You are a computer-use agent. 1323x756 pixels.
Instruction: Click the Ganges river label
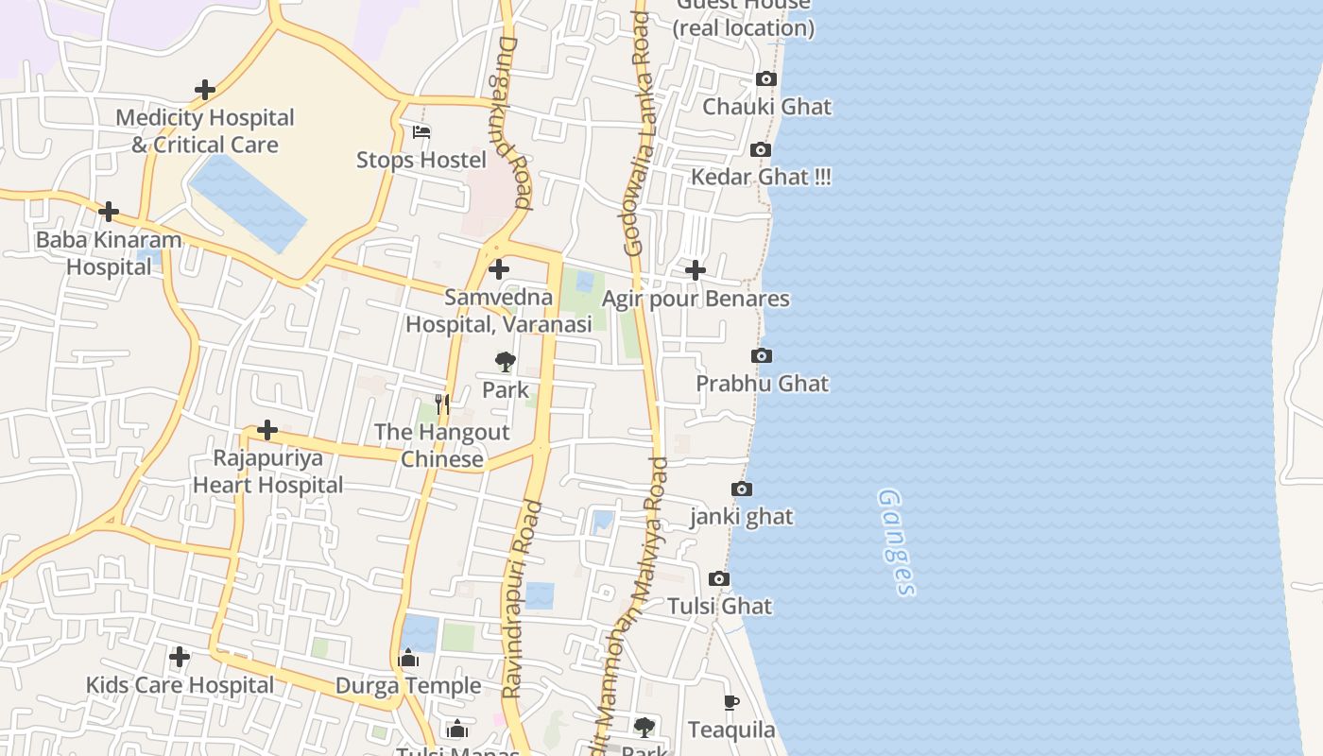pos(896,542)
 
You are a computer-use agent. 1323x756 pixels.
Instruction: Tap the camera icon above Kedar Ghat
pos(761,150)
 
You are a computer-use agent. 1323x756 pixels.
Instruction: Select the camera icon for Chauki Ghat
pos(766,79)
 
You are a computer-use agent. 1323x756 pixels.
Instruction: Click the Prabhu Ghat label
pos(762,384)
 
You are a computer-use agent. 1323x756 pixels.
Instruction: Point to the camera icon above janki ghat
pos(742,490)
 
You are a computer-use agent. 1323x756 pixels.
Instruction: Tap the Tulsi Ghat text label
pos(720,607)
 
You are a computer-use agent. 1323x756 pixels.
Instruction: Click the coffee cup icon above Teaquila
pos(730,702)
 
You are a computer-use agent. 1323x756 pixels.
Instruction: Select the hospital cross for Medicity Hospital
pos(204,91)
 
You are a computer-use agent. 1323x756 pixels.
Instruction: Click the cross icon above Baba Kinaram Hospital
pos(109,212)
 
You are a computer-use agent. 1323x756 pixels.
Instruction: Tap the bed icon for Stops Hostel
pos(421,131)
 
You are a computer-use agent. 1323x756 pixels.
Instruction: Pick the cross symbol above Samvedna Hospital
pos(498,270)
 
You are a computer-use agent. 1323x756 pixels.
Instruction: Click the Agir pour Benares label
pos(696,300)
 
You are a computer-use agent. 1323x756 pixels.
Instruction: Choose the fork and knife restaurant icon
pos(441,404)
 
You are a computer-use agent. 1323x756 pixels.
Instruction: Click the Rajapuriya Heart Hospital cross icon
pos(267,431)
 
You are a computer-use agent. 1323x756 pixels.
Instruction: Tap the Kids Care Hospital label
pos(180,685)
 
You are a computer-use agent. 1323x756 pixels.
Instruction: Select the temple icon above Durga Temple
pos(408,658)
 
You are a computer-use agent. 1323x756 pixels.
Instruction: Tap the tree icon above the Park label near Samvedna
pos(506,361)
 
